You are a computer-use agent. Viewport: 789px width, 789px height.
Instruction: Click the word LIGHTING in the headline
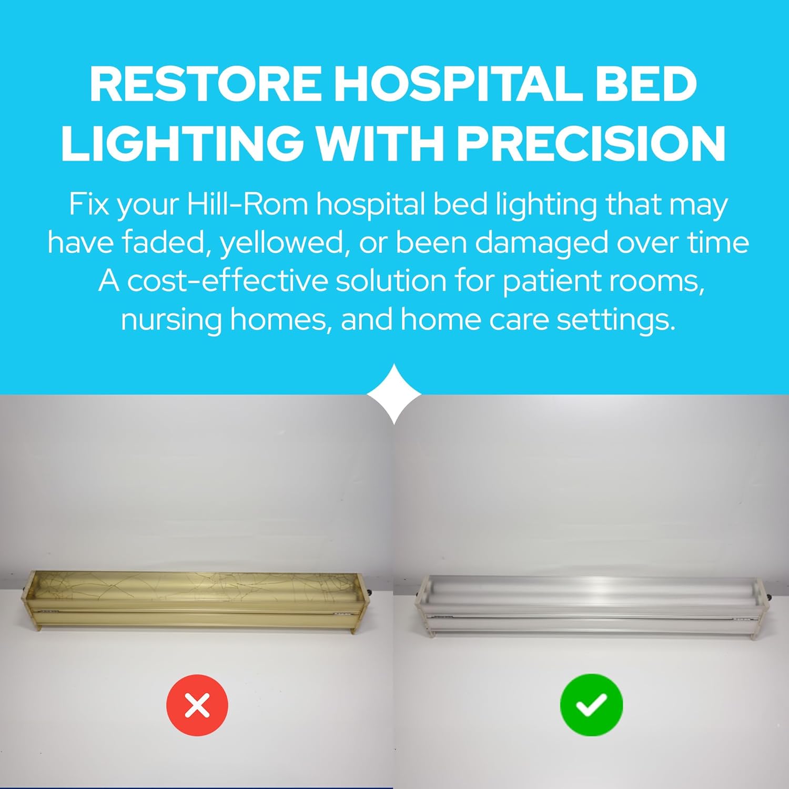click(x=182, y=143)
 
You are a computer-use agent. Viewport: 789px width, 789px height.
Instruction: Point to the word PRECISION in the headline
click(x=591, y=143)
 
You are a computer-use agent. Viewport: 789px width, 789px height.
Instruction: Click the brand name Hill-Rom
click(x=247, y=204)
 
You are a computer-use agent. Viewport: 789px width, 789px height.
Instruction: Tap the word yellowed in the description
click(x=285, y=243)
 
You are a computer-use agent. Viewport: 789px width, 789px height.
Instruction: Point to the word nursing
click(x=171, y=319)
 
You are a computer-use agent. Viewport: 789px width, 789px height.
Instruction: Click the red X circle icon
click(x=197, y=705)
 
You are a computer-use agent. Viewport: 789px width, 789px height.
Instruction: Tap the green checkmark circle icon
click(x=591, y=705)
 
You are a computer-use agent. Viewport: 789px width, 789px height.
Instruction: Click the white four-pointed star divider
click(x=394, y=393)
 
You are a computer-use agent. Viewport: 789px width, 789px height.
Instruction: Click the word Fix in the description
click(x=88, y=204)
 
